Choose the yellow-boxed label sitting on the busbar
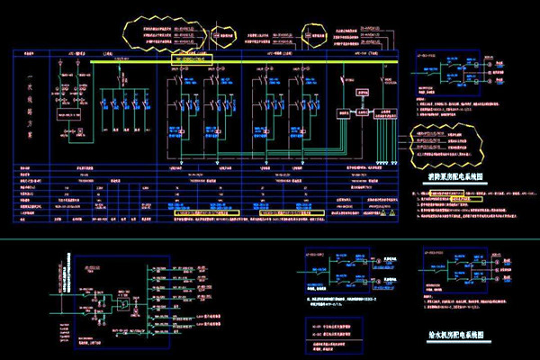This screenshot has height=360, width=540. (191, 57)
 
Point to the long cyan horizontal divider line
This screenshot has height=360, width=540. (270, 239)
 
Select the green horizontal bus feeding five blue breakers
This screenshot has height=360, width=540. (121, 87)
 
